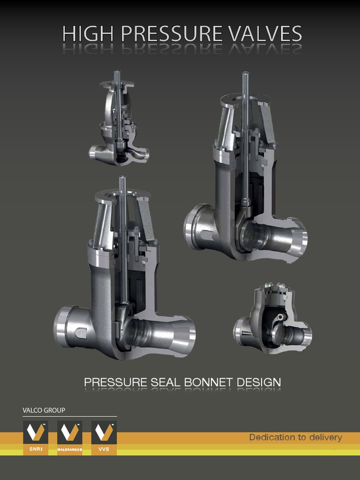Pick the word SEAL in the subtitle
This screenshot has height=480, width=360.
pyautogui.click(x=166, y=382)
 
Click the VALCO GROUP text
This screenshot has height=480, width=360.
pyautogui.click(x=44, y=410)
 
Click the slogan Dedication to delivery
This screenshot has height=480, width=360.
pyautogui.click(x=295, y=437)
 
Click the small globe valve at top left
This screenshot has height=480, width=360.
pyautogui.click(x=118, y=122)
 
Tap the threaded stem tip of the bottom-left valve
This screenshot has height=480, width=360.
pyautogui.click(x=122, y=180)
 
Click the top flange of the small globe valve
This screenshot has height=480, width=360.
pyautogui.click(x=117, y=85)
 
